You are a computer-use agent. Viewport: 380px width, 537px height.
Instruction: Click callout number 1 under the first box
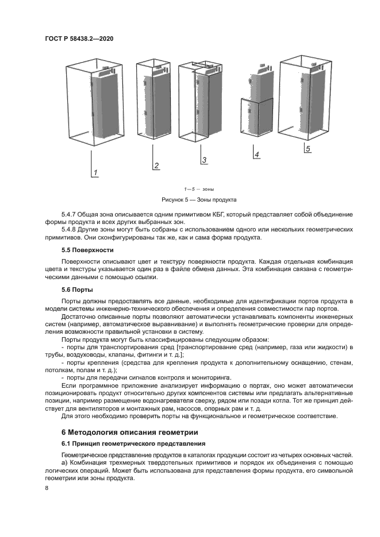coord(96,172)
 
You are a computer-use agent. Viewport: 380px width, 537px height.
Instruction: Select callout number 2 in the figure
coord(156,166)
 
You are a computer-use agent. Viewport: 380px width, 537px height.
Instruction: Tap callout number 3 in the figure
coord(204,160)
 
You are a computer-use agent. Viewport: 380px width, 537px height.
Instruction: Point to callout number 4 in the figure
coord(257,154)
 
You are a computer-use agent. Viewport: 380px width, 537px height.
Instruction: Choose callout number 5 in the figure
coord(308,149)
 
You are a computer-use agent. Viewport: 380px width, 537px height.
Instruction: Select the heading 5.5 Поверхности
coord(87,250)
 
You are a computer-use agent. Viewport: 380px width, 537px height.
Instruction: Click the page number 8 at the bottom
coord(47,488)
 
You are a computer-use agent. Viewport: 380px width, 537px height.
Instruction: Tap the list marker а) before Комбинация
coord(64,463)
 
